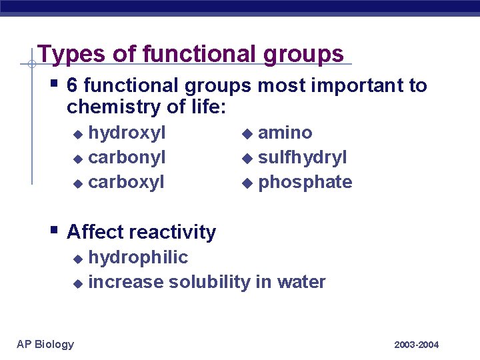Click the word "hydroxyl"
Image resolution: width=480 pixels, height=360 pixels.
click(127, 133)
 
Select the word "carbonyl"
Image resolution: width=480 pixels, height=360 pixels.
click(127, 158)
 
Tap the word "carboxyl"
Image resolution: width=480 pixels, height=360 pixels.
click(126, 183)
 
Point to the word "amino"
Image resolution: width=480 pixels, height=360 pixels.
click(285, 133)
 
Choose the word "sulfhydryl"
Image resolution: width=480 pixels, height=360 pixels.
click(302, 158)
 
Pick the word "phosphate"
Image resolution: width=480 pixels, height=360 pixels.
click(305, 183)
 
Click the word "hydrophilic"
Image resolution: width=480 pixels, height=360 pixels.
click(138, 257)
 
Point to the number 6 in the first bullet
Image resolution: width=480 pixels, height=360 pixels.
click(73, 86)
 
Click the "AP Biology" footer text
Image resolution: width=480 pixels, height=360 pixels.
click(45, 344)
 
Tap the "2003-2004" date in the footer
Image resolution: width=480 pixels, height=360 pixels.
click(417, 345)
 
